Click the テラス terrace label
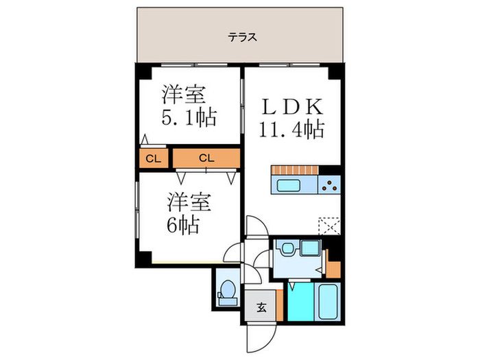[243, 38]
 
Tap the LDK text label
[291, 108]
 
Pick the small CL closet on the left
[152, 158]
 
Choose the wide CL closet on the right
[206, 158]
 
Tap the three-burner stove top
[329, 184]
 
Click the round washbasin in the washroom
[287, 250]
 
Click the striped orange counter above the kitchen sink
[296, 169]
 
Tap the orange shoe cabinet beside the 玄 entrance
[280, 306]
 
